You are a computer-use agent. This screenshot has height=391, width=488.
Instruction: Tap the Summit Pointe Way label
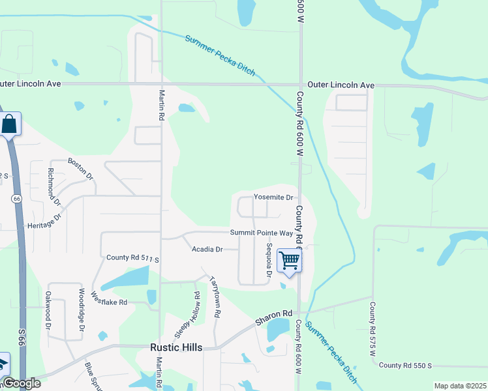[x=262, y=233]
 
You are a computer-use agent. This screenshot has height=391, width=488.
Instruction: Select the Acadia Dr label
[x=207, y=249]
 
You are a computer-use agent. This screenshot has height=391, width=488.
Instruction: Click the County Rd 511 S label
[x=133, y=259]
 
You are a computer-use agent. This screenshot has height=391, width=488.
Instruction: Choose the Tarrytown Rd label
[x=215, y=297]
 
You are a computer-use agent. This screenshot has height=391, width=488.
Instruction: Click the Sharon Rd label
[x=272, y=317]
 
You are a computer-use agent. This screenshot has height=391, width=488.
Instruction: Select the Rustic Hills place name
[x=176, y=347]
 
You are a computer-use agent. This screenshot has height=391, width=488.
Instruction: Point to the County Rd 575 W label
[x=373, y=329]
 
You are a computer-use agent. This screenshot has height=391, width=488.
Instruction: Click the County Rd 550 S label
[x=405, y=366]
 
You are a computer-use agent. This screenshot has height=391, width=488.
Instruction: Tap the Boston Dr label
[x=82, y=168]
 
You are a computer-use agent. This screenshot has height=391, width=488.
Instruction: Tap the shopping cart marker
[x=289, y=260]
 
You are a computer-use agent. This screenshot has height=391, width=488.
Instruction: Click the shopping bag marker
[x=10, y=124]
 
